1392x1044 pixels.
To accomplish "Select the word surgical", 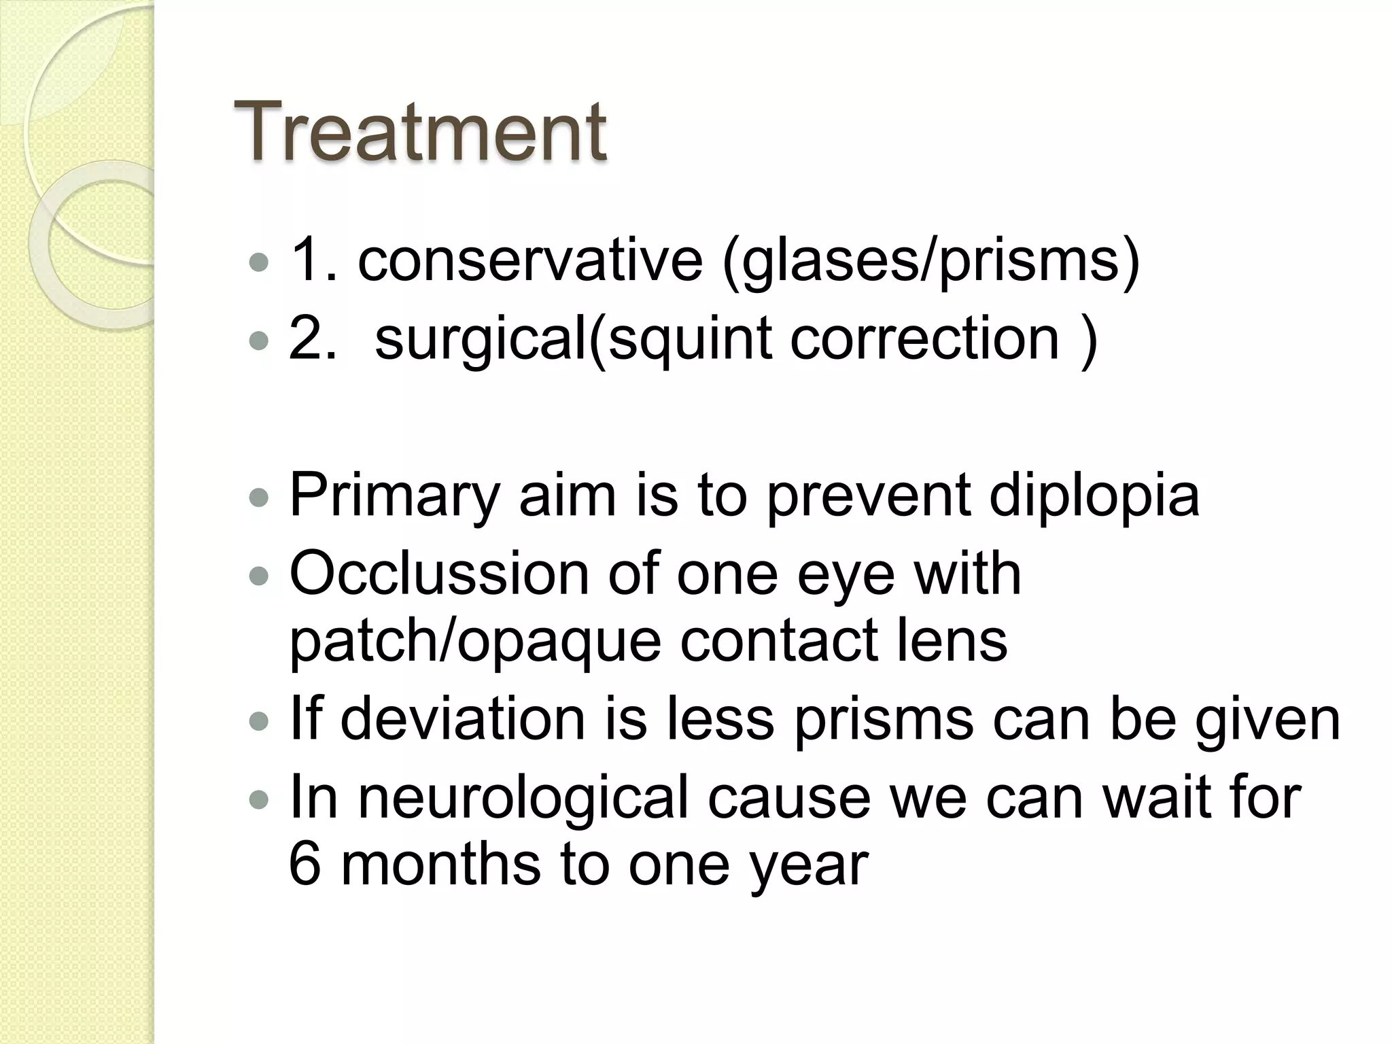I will (x=480, y=340).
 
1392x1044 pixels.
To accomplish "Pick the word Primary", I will (x=395, y=496).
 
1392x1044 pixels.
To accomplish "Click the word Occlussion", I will (x=439, y=574).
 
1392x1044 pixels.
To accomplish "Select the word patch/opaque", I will (x=475, y=642).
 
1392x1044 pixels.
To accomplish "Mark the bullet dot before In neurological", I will (x=259, y=800).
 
